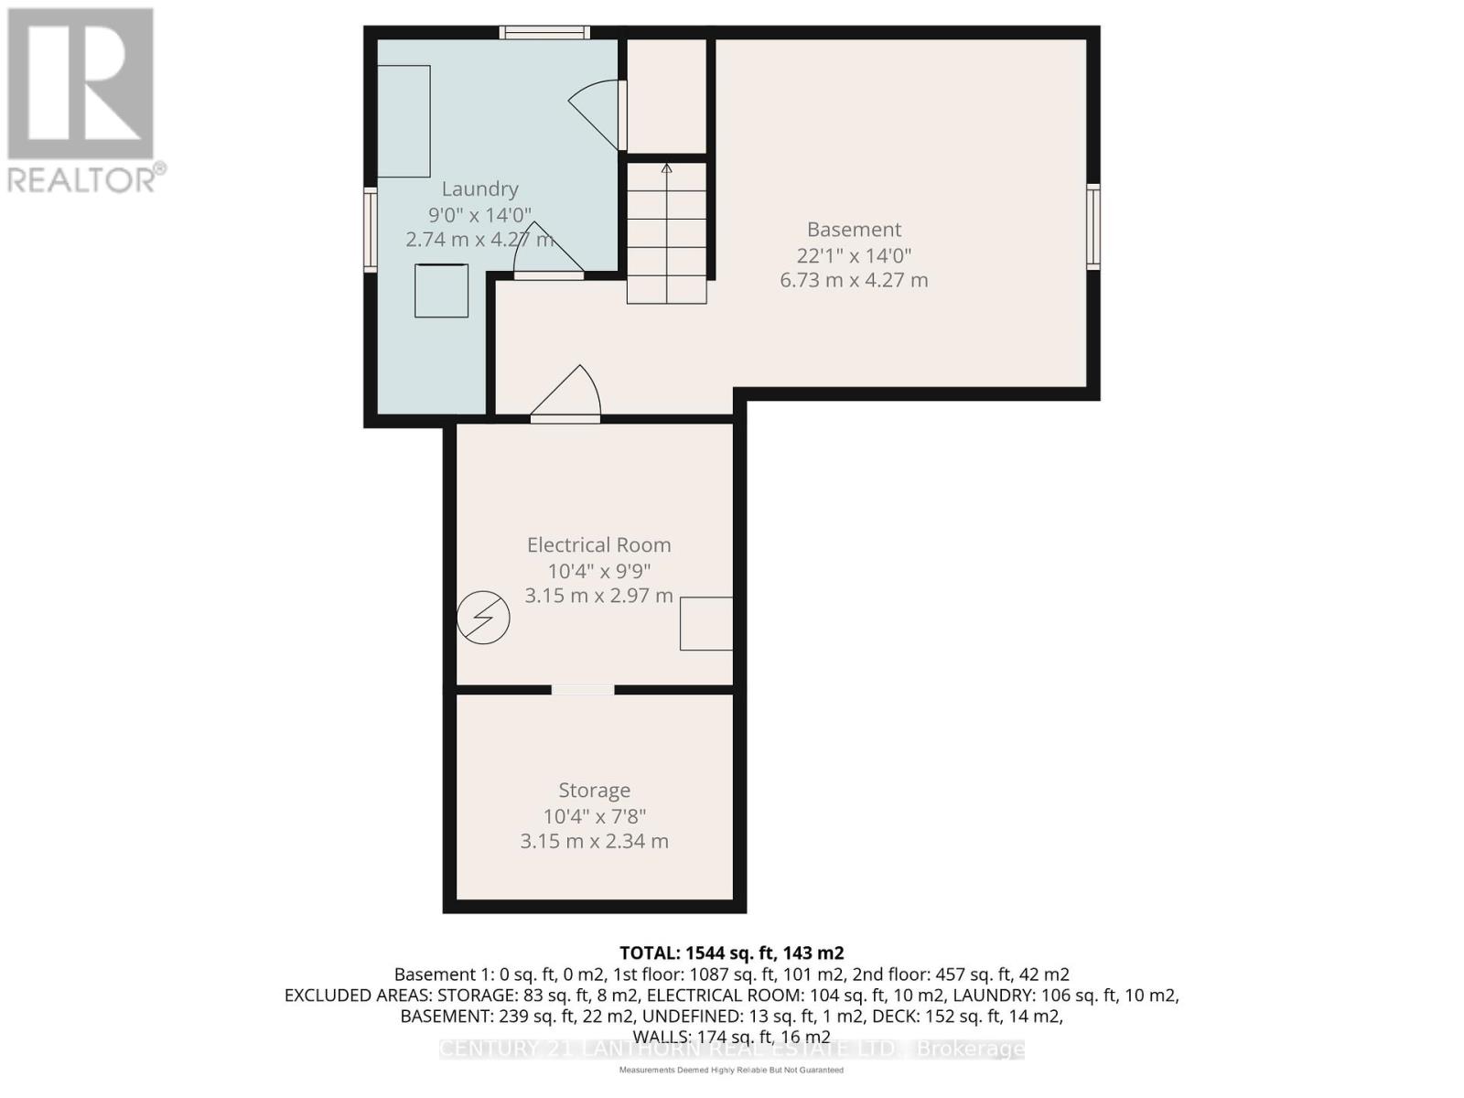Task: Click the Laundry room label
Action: point(479,189)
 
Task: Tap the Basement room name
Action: point(854,230)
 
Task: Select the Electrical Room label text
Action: point(598,545)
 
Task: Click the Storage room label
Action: point(594,791)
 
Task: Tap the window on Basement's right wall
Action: point(1093,226)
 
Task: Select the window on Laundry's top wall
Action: point(544,33)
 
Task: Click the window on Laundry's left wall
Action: point(371,229)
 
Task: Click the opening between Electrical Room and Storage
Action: point(583,690)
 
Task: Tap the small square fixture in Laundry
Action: point(442,291)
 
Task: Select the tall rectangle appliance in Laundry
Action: point(404,122)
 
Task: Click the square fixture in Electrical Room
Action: point(706,623)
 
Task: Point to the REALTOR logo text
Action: point(87,178)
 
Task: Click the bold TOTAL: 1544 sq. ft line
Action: point(731,953)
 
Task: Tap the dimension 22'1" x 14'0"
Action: point(854,255)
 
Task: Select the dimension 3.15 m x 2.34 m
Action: point(594,841)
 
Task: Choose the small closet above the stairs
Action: point(666,96)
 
